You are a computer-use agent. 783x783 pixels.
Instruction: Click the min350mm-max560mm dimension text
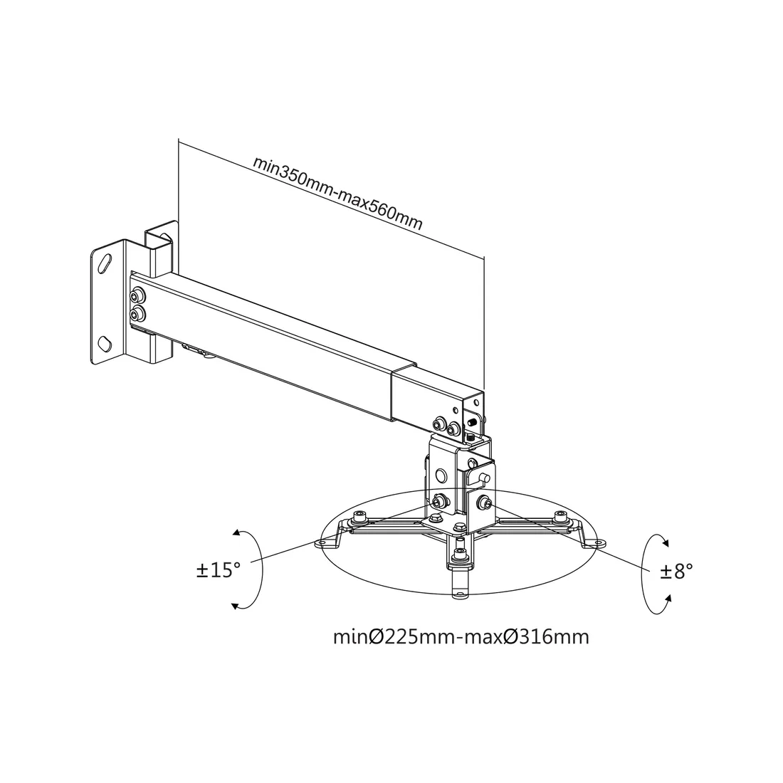tap(338, 192)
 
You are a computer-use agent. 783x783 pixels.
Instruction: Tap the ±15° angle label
tap(219, 569)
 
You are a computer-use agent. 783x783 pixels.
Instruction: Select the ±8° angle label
tap(677, 571)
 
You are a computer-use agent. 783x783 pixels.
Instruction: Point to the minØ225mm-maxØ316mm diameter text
tap(461, 637)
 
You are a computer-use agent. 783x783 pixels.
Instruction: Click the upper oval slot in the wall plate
tap(106, 263)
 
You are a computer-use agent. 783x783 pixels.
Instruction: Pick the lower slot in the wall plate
tap(105, 343)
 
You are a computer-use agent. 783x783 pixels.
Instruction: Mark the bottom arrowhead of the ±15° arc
tap(235, 606)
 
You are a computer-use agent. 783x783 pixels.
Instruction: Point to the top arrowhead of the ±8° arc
tap(665, 541)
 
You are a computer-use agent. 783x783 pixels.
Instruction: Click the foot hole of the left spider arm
tap(322, 543)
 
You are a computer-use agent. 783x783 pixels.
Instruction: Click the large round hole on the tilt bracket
tap(441, 474)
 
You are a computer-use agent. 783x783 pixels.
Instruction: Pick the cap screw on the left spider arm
tap(359, 516)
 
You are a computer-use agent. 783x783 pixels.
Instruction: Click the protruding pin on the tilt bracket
tap(484, 478)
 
